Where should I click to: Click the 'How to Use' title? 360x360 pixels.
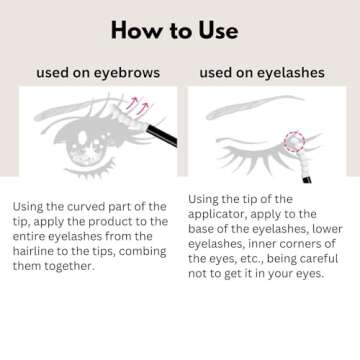coord(174,30)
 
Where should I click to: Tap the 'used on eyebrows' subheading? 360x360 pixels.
coord(98,73)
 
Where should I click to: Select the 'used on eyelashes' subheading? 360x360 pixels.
coord(262,73)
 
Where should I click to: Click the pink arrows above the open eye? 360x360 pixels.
coord(138,106)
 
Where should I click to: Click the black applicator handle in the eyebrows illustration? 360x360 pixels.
coord(162,135)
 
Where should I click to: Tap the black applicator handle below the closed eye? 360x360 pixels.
coord(307,180)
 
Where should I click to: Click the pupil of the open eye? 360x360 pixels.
coord(82,138)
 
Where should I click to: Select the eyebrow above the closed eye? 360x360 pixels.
coord(254,106)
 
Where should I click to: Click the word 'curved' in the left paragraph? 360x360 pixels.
coord(86,207)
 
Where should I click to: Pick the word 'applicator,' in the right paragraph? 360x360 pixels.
coord(217,215)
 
